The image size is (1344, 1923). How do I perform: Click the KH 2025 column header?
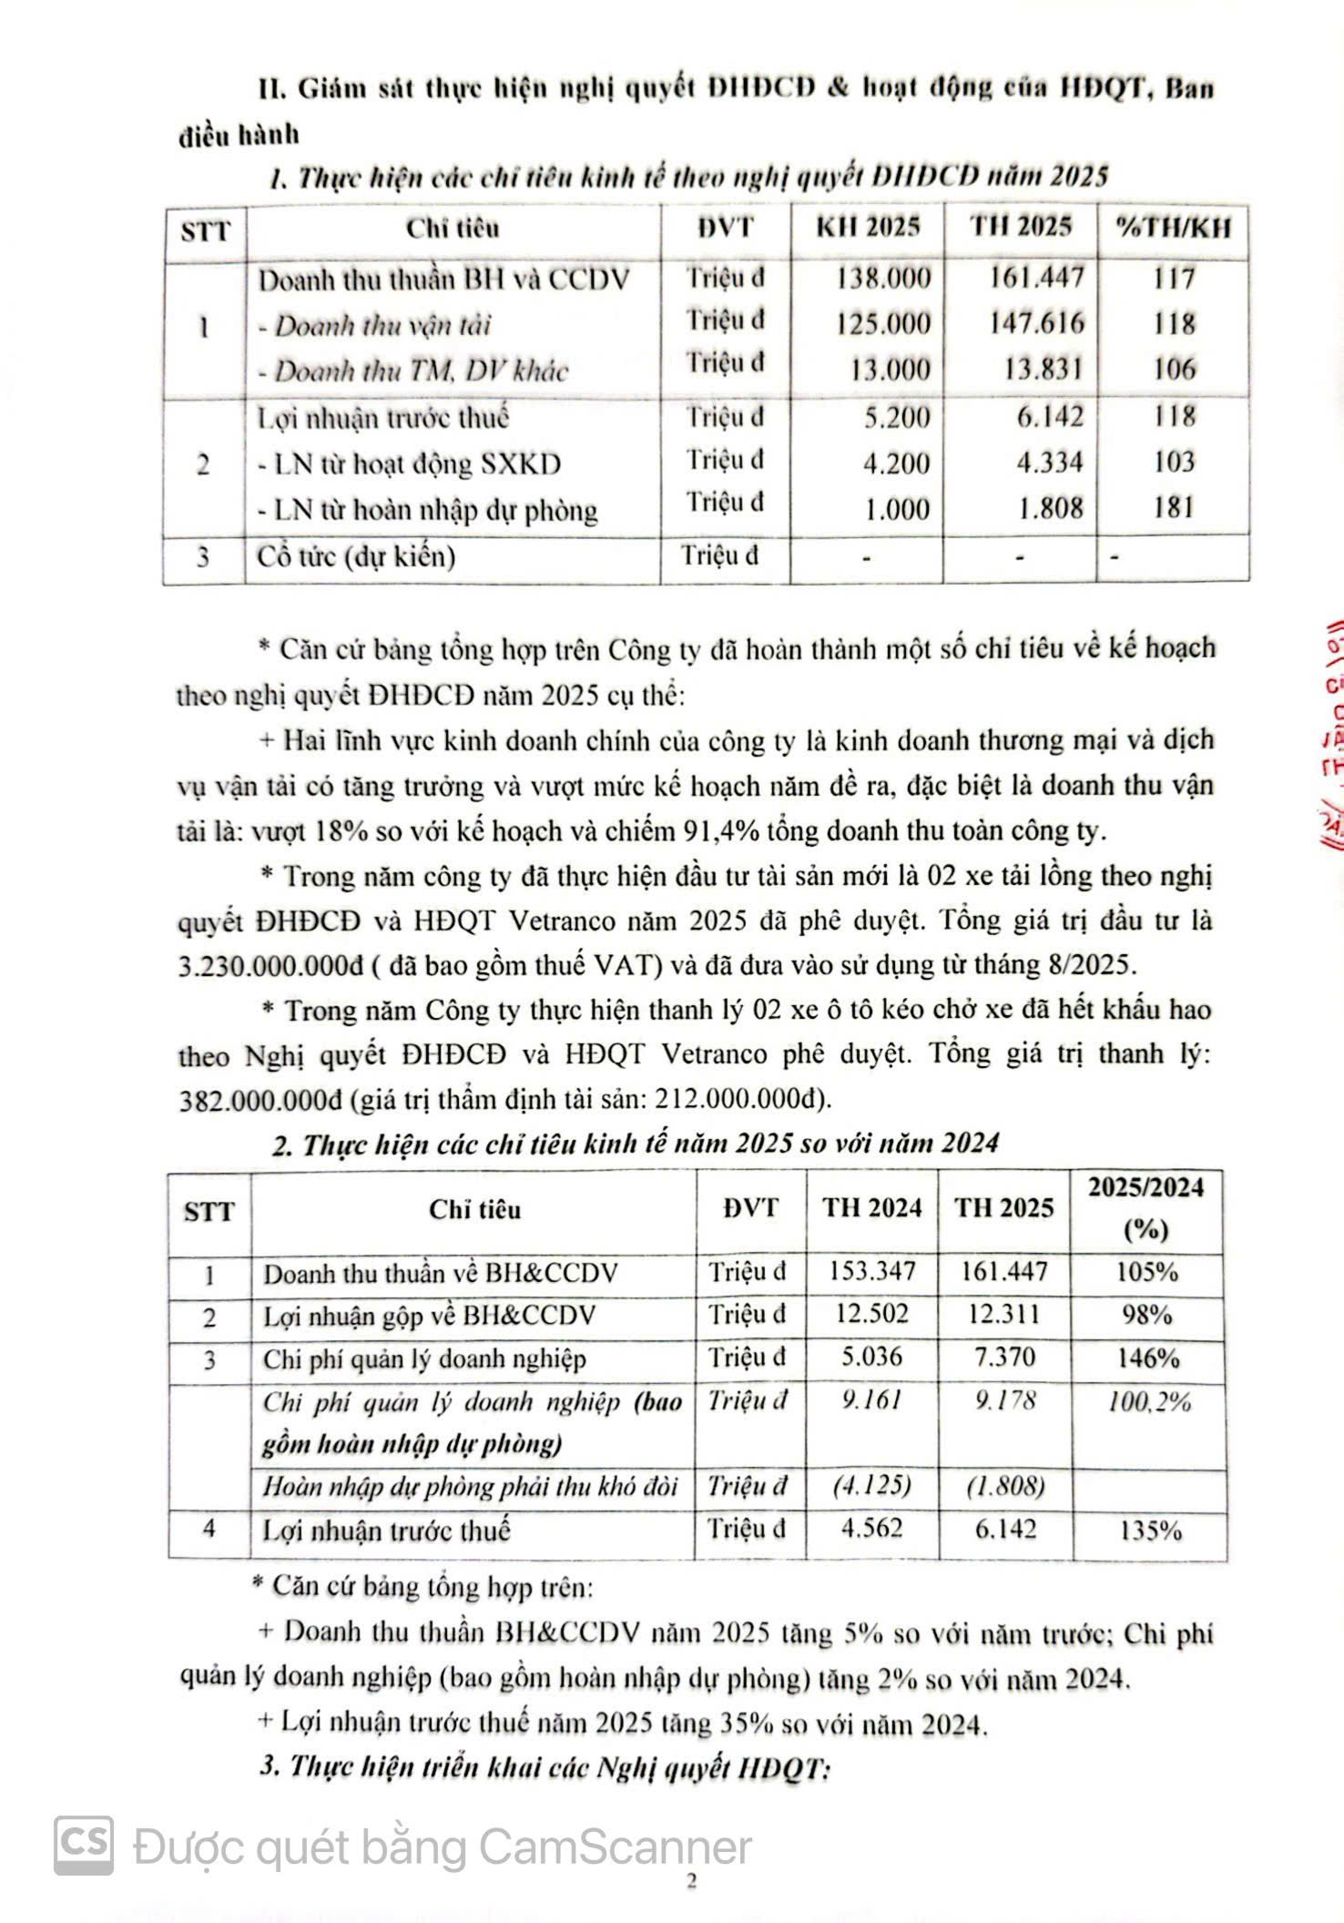(867, 227)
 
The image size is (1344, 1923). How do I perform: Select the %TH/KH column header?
(1174, 227)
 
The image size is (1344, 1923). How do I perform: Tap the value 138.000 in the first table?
(883, 278)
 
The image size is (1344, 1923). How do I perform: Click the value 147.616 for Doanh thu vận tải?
(1036, 323)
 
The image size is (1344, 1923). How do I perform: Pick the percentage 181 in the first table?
(1173, 506)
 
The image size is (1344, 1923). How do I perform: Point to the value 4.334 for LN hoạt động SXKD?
(1050, 462)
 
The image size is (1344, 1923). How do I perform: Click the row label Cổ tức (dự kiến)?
(356, 555)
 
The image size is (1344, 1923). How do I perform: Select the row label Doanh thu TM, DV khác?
(421, 371)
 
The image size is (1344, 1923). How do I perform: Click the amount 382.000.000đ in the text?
(259, 1099)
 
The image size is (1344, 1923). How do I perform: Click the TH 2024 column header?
(871, 1208)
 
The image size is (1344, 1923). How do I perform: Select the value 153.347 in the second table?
(871, 1271)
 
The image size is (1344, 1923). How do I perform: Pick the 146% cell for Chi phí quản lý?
(1148, 1358)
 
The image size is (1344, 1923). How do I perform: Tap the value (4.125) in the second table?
(871, 1485)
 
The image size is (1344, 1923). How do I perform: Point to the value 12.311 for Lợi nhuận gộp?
(1004, 1315)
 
